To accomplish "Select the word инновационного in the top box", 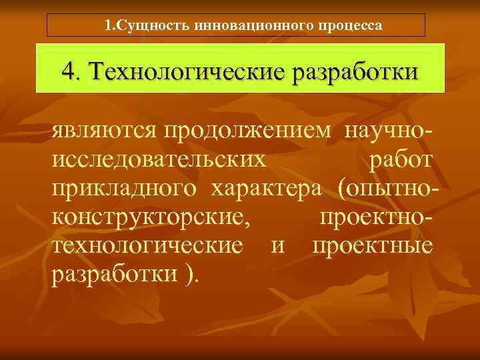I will click(243, 25).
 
